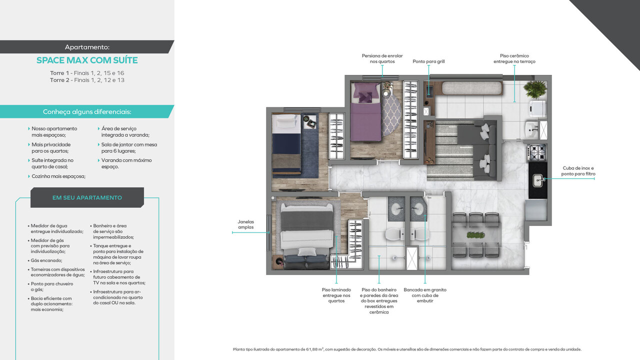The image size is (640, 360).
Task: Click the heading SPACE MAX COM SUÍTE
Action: click(87, 60)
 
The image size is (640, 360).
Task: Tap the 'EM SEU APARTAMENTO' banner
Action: click(87, 197)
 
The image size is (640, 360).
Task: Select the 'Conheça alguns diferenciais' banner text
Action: click(87, 112)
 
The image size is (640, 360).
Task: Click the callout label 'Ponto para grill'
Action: click(428, 61)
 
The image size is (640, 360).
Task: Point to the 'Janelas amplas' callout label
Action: click(245, 224)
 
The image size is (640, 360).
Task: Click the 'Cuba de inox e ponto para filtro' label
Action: click(578, 171)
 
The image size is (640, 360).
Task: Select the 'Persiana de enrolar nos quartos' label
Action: click(382, 58)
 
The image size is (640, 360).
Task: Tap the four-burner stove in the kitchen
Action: click(537, 151)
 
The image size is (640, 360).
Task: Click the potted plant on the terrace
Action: click(535, 89)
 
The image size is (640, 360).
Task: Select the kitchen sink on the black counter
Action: click(538, 179)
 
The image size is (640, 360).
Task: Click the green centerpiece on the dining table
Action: click(475, 234)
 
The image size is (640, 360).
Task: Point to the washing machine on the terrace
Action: click(537, 108)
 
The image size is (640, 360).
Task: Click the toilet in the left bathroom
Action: click(395, 233)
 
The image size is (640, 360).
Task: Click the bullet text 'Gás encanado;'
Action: click(46, 260)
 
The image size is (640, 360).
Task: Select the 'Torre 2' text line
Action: click(87, 80)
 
